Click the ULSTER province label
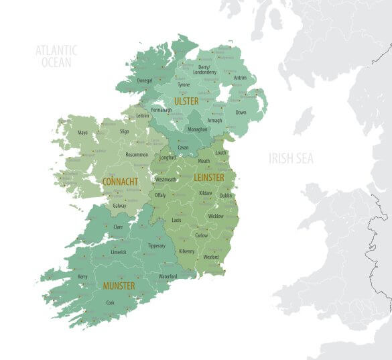point(186,101)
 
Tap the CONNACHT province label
point(120,182)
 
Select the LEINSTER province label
point(208,178)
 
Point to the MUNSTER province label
point(119,286)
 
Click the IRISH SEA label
point(291,159)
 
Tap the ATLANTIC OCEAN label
point(56,56)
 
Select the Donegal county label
point(145,80)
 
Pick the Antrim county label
point(240,78)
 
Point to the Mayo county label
point(82,133)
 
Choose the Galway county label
point(119,206)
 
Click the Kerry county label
point(82,276)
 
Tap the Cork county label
point(111,302)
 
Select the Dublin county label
point(226,196)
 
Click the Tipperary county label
point(157,246)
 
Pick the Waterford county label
point(168,276)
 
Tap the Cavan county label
point(183,147)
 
